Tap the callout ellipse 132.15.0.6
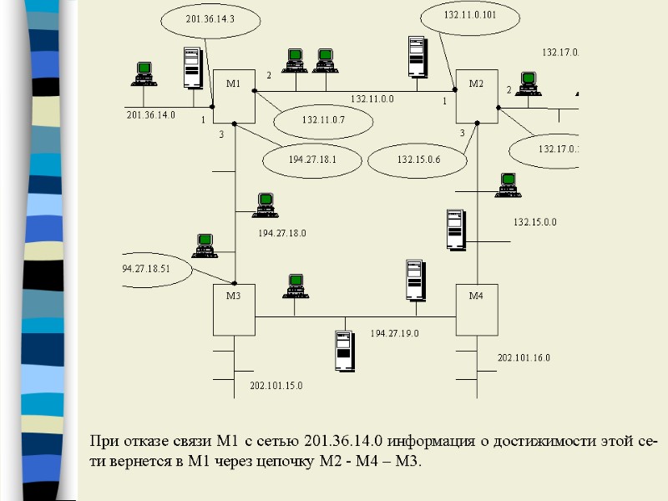click(418, 159)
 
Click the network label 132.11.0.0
click(372, 99)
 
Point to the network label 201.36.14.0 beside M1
click(150, 115)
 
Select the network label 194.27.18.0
click(281, 233)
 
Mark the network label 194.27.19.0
click(394, 333)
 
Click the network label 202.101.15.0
click(276, 386)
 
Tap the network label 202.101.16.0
click(524, 357)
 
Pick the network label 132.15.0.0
click(535, 222)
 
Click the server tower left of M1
click(194, 68)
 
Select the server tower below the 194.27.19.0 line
click(342, 350)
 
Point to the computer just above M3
click(204, 245)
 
